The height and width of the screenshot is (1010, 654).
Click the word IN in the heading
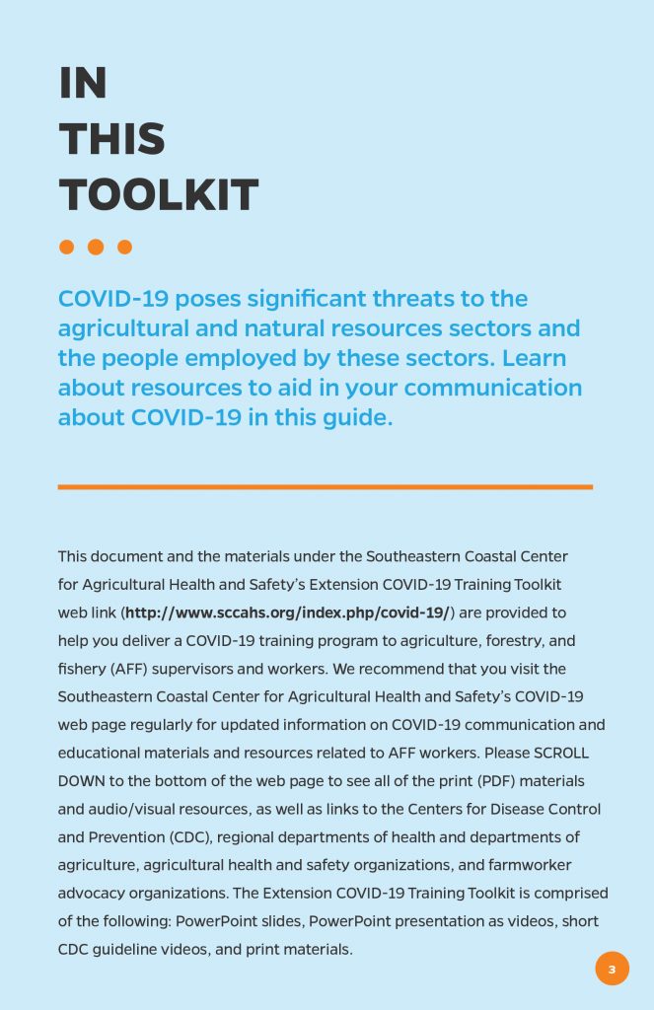tap(83, 84)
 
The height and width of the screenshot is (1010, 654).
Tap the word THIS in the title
tap(111, 139)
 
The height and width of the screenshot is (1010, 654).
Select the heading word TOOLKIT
tap(158, 195)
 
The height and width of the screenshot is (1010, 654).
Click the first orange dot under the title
tap(67, 247)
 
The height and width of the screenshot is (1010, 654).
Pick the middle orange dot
tap(96, 247)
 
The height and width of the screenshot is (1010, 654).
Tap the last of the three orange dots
tap(124, 247)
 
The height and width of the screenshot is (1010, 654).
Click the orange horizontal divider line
tap(326, 486)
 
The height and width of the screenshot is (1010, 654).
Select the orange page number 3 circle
tap(612, 969)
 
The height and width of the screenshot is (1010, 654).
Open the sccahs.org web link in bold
tap(286, 613)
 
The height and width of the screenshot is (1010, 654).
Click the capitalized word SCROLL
tap(560, 753)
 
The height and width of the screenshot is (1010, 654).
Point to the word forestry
tap(516, 641)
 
